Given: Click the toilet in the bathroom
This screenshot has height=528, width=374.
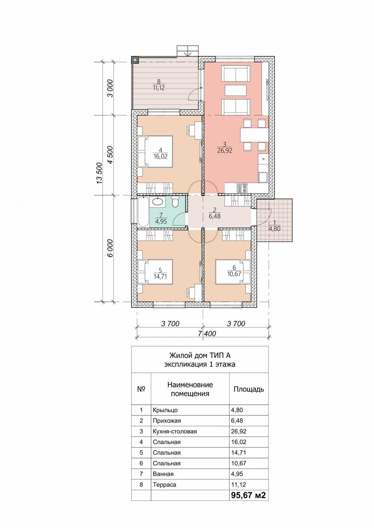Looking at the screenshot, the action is pos(175,202).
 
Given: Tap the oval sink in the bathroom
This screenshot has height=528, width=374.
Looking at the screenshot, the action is pos(157,202).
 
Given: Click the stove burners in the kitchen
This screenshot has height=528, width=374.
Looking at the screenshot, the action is pos(242,188).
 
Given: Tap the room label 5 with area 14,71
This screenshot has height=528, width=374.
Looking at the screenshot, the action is pos(160,273).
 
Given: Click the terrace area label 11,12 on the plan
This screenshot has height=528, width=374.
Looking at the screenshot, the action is pos(159,88).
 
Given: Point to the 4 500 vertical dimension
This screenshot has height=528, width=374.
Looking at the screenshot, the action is pos(110,155).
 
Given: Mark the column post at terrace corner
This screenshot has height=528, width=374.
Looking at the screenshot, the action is pos(135,60).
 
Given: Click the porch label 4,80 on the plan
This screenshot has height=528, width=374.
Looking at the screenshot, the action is pos(275,229).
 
